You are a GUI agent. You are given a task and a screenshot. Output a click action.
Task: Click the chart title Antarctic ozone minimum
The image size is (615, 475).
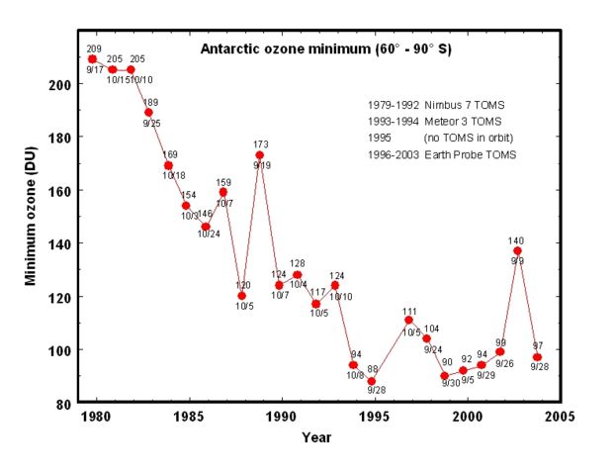point(325,48)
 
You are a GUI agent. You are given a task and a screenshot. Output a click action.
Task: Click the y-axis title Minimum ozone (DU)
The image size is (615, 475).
point(31,225)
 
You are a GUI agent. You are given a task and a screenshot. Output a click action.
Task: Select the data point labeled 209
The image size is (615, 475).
point(92,59)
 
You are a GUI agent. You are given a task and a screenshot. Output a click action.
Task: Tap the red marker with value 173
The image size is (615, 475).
point(259,155)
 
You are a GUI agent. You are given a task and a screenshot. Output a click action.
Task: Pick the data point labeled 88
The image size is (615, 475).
point(371,381)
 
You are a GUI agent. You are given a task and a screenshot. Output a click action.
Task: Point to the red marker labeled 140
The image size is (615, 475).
point(517,251)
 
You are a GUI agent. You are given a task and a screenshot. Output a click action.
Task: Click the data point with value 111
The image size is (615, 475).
point(408,320)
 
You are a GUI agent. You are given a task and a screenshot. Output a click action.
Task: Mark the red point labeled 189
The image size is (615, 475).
point(148,113)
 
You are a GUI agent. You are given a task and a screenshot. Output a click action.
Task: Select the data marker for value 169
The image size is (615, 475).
point(168,165)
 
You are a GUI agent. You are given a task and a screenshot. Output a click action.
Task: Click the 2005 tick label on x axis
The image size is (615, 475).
point(560,416)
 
